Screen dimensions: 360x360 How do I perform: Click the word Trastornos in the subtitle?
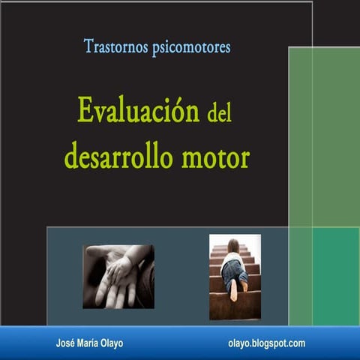[115, 46]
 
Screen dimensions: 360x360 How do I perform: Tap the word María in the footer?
[88, 343]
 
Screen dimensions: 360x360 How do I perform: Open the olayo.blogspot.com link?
[266, 343]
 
